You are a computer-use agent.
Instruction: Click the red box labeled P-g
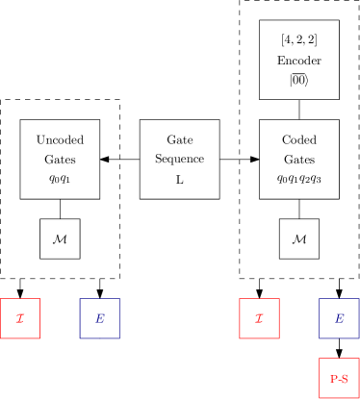tap(338, 378)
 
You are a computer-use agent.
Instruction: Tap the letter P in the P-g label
tap(333, 379)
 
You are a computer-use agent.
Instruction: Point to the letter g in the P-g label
tap(345, 380)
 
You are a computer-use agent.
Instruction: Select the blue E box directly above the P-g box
tap(338, 318)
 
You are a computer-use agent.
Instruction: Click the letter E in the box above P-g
tap(339, 319)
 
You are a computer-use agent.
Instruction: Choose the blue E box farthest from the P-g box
tap(100, 318)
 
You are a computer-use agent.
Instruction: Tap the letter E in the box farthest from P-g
tap(100, 319)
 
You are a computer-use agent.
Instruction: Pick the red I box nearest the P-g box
tap(259, 318)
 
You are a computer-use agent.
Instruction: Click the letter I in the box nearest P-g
tap(259, 319)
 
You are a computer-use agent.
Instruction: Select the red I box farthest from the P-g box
tap(20, 318)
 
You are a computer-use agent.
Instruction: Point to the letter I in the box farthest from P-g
tap(20, 319)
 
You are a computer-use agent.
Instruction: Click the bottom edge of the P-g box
tap(338, 397)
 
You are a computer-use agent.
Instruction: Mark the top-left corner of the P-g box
tap(319, 359)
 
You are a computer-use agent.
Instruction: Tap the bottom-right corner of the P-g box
tap(358, 397)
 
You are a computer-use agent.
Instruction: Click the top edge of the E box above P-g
tap(338, 299)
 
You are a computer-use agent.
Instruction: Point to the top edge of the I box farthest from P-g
tap(20, 299)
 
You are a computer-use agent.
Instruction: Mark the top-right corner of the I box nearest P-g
tap(279, 299)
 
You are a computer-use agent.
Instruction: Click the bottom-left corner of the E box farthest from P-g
tap(80, 338)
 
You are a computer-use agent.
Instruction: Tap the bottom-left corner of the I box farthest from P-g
tap(1, 338)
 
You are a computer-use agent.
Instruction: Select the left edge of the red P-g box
tap(319, 378)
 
